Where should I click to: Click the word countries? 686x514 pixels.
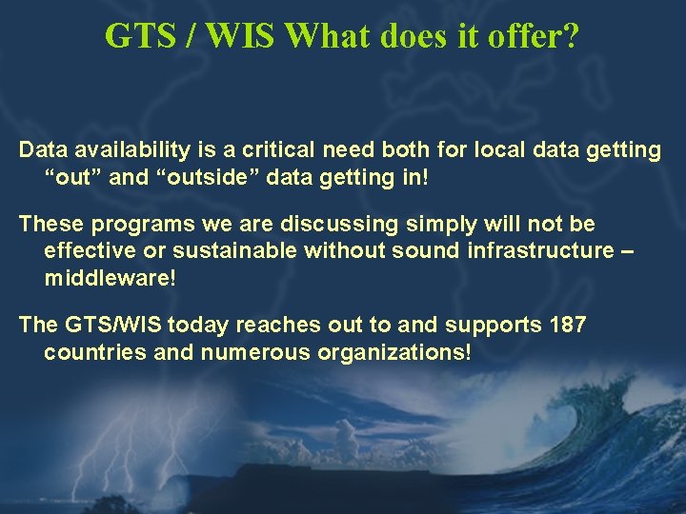point(85,351)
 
